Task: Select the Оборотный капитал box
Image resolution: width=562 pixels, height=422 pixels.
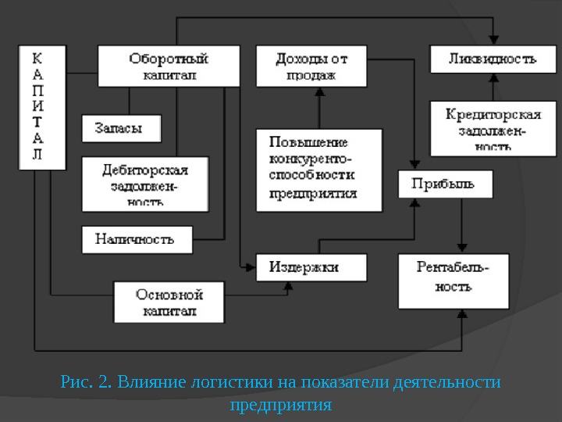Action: coord(169,66)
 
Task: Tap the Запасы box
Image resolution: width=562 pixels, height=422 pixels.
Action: coord(121,129)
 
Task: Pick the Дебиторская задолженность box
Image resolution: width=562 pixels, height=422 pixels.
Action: coord(145,184)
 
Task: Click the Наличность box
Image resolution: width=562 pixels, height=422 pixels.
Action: coord(137,238)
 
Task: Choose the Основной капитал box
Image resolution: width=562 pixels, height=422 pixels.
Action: coord(169,302)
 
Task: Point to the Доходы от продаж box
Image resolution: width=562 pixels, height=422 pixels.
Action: coord(311,66)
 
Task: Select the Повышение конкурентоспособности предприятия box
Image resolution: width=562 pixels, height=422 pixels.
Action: coord(319,170)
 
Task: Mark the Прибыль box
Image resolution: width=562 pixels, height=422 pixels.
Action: coord(446,184)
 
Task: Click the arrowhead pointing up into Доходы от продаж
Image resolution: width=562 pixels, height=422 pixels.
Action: coord(319,91)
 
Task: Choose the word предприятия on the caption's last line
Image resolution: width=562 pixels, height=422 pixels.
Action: coord(281,406)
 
